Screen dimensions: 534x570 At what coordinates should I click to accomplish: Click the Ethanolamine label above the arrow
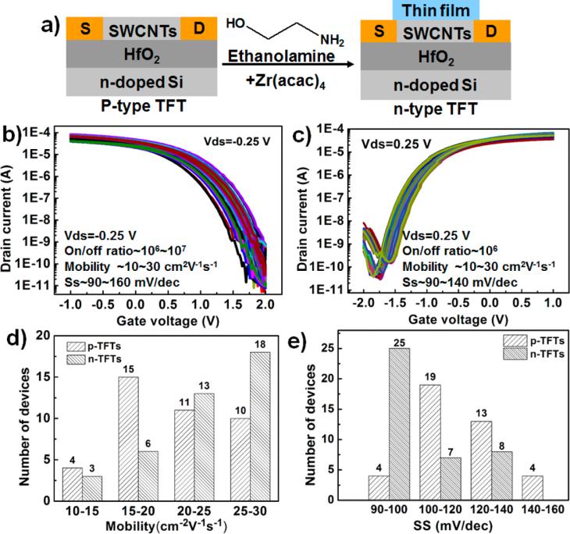(266, 55)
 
